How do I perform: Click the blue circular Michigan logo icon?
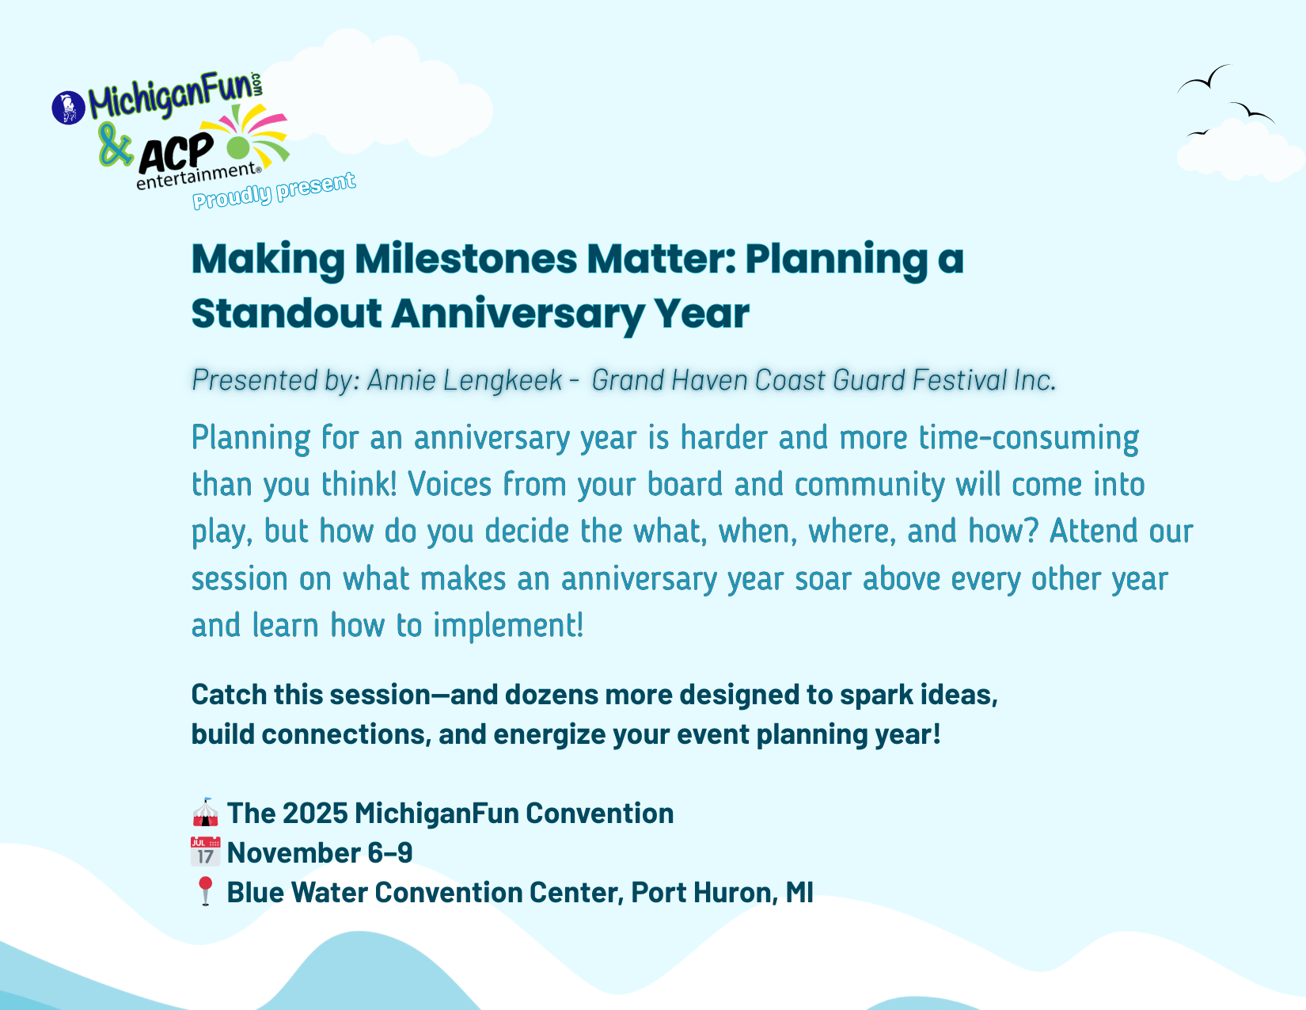click(69, 108)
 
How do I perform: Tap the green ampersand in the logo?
click(115, 144)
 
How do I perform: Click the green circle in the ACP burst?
click(238, 147)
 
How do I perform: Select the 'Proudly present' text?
click(274, 190)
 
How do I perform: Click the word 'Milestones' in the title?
click(465, 259)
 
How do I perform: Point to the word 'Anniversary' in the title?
click(518, 314)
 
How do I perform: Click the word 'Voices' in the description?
click(450, 484)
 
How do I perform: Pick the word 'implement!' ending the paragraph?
click(508, 626)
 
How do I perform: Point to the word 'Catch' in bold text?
click(229, 695)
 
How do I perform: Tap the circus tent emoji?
click(205, 812)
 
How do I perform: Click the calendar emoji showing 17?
click(206, 852)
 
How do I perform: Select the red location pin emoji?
click(206, 891)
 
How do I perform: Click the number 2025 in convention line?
click(315, 814)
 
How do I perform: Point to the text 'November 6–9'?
click(320, 853)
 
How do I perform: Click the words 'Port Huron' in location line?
click(700, 892)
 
